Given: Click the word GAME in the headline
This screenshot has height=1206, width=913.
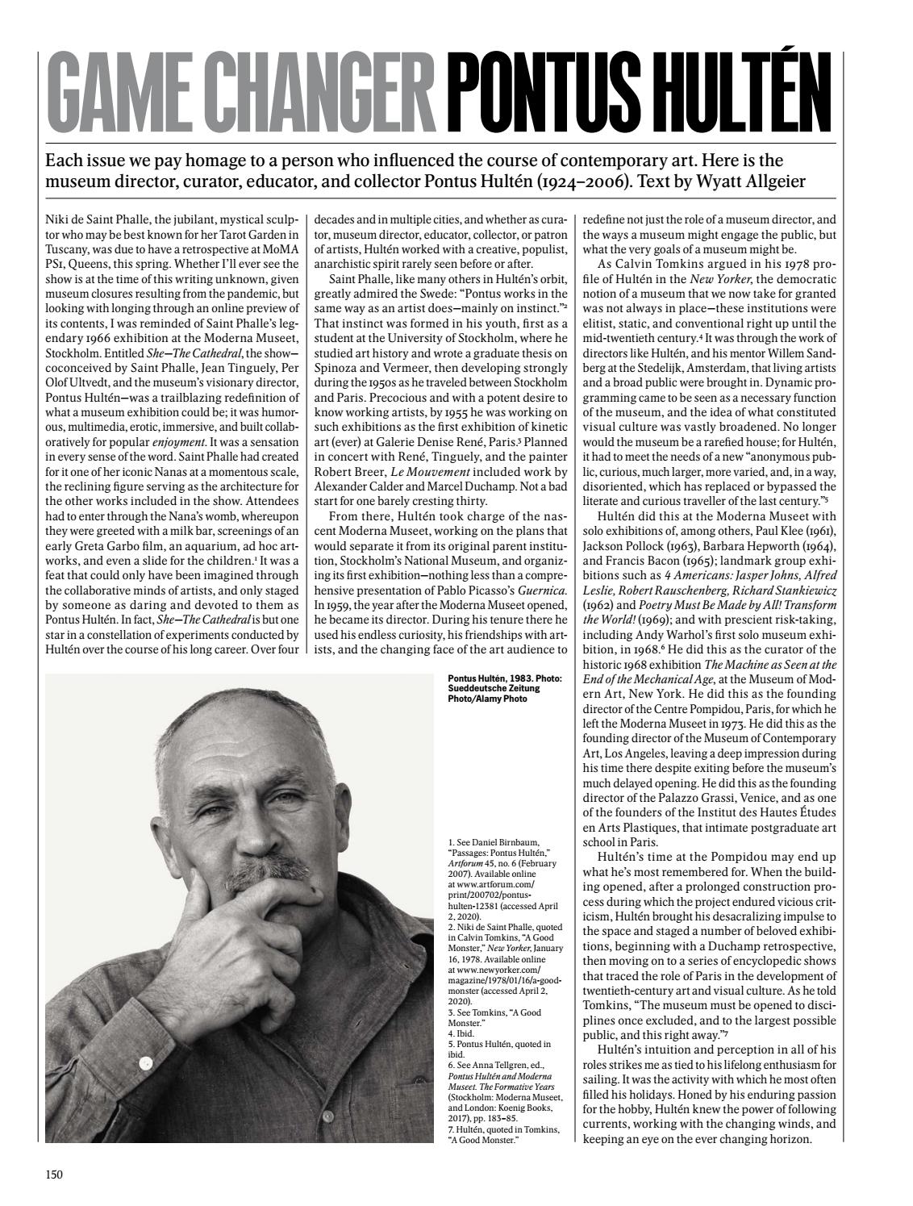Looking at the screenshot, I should (131, 95).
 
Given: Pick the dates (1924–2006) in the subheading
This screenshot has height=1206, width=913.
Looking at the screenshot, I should (573, 182).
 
